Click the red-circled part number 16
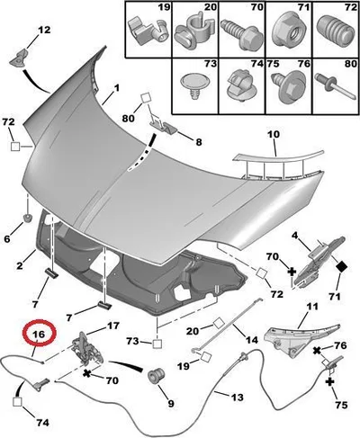click(40, 334)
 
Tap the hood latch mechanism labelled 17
click(88, 349)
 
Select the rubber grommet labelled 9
click(157, 374)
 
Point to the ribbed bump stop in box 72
click(335, 29)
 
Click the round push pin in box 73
click(194, 85)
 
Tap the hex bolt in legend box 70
click(240, 34)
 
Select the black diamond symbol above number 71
click(340, 266)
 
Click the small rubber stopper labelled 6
click(28, 218)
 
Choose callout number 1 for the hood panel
click(116, 87)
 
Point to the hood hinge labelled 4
click(319, 262)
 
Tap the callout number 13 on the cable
click(237, 398)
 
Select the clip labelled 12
click(19, 58)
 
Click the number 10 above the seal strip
click(273, 134)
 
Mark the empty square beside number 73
click(157, 344)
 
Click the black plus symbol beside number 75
click(329, 382)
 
